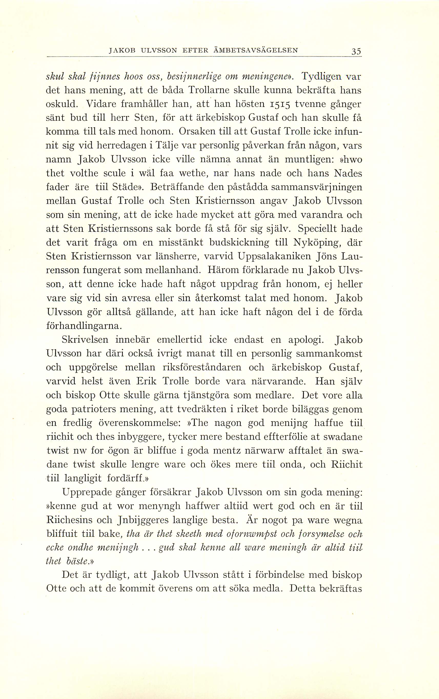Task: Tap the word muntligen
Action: (x=309, y=159)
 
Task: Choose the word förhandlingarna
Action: (x=83, y=326)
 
